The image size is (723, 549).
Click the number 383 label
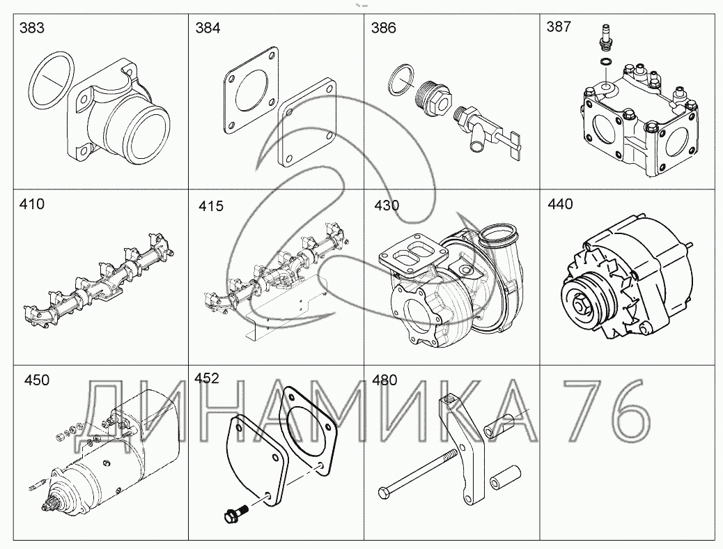tap(32, 28)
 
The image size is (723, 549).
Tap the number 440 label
tap(560, 204)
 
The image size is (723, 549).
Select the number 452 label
tap(207, 378)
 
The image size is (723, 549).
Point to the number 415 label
tap(211, 206)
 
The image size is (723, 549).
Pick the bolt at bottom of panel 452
tap(235, 514)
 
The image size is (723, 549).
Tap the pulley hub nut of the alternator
tap(578, 304)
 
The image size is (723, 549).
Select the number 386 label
tap(384, 28)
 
